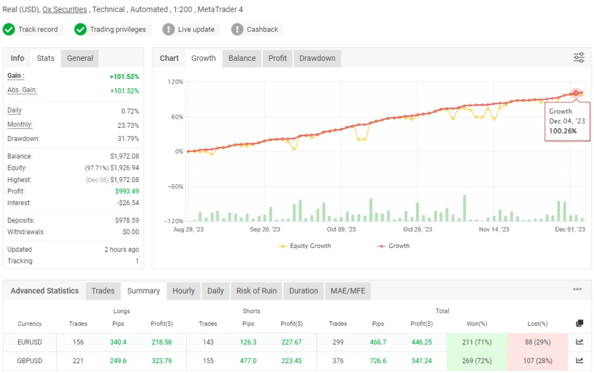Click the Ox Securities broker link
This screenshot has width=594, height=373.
pos(64,9)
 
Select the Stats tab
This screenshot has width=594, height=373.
pos(45,58)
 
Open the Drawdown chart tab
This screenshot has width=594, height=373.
pos(317,58)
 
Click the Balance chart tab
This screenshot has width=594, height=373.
pos(242,58)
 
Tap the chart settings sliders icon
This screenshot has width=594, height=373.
pos(579,58)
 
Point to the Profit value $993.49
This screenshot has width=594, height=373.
pos(128,191)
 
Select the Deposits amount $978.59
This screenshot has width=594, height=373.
pos(127,220)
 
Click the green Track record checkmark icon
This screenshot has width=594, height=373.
pos(9,30)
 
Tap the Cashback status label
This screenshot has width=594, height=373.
pos(262,30)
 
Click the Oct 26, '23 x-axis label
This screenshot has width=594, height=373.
pos(418,229)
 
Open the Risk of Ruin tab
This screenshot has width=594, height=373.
pos(256,291)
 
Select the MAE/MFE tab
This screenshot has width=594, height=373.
pos(347,291)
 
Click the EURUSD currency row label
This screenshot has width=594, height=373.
pos(30,342)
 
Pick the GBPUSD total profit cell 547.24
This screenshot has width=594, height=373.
pos(422,361)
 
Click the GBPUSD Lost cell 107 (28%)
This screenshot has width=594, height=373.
pos(538,361)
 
